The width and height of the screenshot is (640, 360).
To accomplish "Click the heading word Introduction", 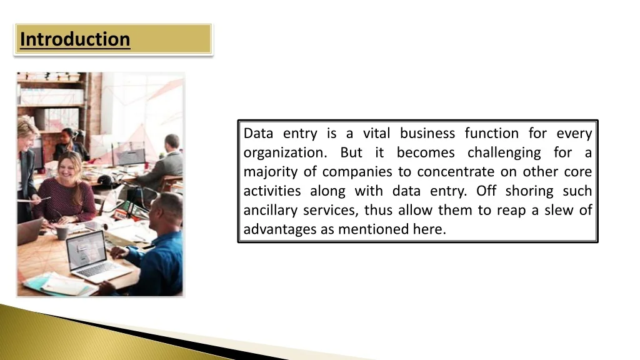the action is [75, 39].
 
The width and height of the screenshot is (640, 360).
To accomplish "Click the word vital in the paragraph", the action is [376, 133].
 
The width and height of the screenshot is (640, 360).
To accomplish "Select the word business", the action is [427, 133].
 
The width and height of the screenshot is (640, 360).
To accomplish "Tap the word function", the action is [492, 133].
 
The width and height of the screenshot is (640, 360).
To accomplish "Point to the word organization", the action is [285, 153].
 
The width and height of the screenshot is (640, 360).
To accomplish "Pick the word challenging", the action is [504, 153].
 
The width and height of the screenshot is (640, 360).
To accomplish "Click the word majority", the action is [271, 172].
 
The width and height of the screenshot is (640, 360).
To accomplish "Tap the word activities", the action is [272, 191].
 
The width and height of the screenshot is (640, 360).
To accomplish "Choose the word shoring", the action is [529, 191].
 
